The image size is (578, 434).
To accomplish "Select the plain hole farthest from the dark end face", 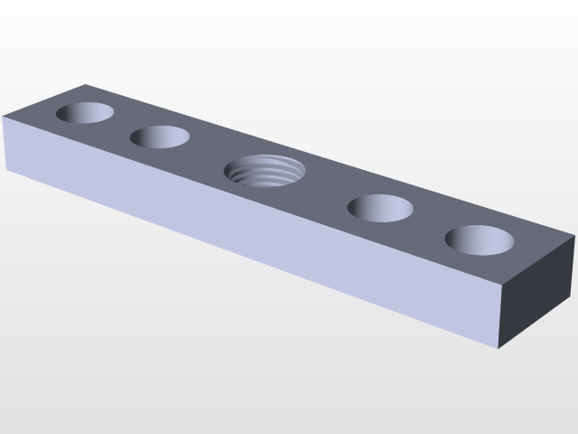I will (x=86, y=113).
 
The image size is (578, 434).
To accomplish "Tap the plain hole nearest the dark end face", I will (x=480, y=240).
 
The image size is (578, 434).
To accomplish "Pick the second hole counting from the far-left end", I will (x=160, y=137).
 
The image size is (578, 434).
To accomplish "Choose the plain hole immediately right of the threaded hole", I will (x=380, y=207).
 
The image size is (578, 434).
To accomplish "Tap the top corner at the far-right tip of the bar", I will (x=575, y=235).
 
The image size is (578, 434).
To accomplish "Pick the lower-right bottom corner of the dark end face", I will (x=574, y=296).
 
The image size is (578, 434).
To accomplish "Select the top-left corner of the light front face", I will (x=5, y=117).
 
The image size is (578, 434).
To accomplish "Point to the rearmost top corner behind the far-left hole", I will (x=86, y=85).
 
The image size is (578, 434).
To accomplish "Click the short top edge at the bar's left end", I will (x=45, y=100).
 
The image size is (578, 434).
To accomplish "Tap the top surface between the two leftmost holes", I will (x=123, y=125).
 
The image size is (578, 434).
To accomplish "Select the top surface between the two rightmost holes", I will (x=430, y=223).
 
